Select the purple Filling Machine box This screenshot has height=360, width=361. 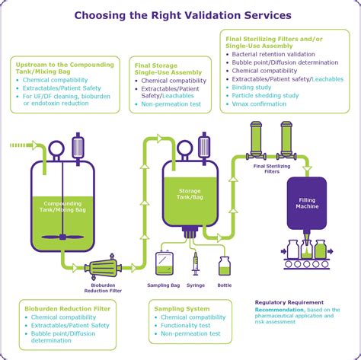coord(306,203)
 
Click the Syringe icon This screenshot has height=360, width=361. coord(196,265)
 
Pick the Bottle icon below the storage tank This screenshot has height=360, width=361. coord(225,266)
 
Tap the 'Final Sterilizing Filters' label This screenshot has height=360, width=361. coord(270,167)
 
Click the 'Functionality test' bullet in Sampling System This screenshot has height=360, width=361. coord(190,326)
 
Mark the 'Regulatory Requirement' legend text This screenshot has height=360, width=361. coord(289,302)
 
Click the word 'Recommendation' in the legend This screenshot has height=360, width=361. coord(280,311)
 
